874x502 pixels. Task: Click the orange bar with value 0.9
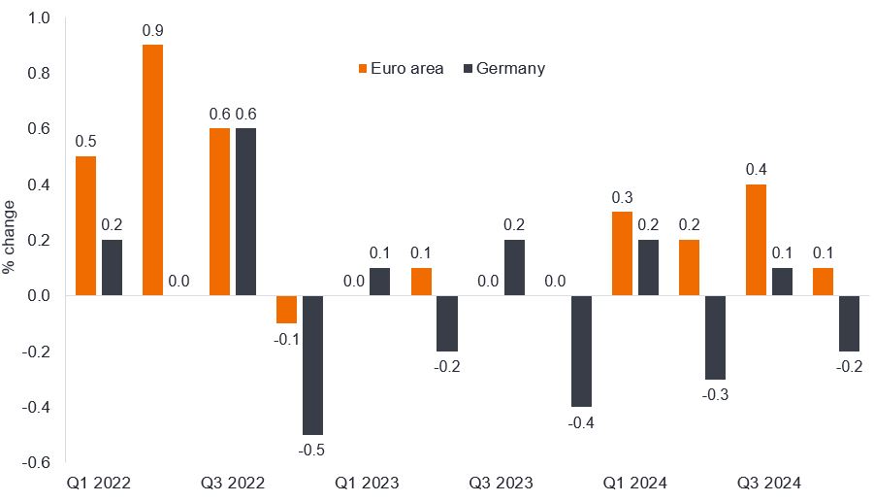point(152,170)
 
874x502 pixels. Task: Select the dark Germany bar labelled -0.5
point(314,365)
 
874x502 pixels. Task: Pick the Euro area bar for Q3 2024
point(756,240)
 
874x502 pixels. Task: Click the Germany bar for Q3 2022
point(246,212)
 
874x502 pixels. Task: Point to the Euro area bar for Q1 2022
point(85,225)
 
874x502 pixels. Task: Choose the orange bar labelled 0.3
point(622,253)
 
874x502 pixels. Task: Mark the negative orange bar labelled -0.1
point(286,309)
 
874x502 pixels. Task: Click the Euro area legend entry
point(400,69)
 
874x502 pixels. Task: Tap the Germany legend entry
point(504,69)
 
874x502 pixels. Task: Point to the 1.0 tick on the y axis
point(39,17)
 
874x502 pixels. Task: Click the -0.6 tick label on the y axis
point(37,463)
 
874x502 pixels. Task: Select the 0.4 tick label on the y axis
point(39,184)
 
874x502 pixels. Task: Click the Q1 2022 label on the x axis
point(99,483)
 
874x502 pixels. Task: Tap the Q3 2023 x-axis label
point(502,483)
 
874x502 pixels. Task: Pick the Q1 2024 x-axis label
point(635,483)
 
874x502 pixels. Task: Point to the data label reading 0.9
point(152,31)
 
